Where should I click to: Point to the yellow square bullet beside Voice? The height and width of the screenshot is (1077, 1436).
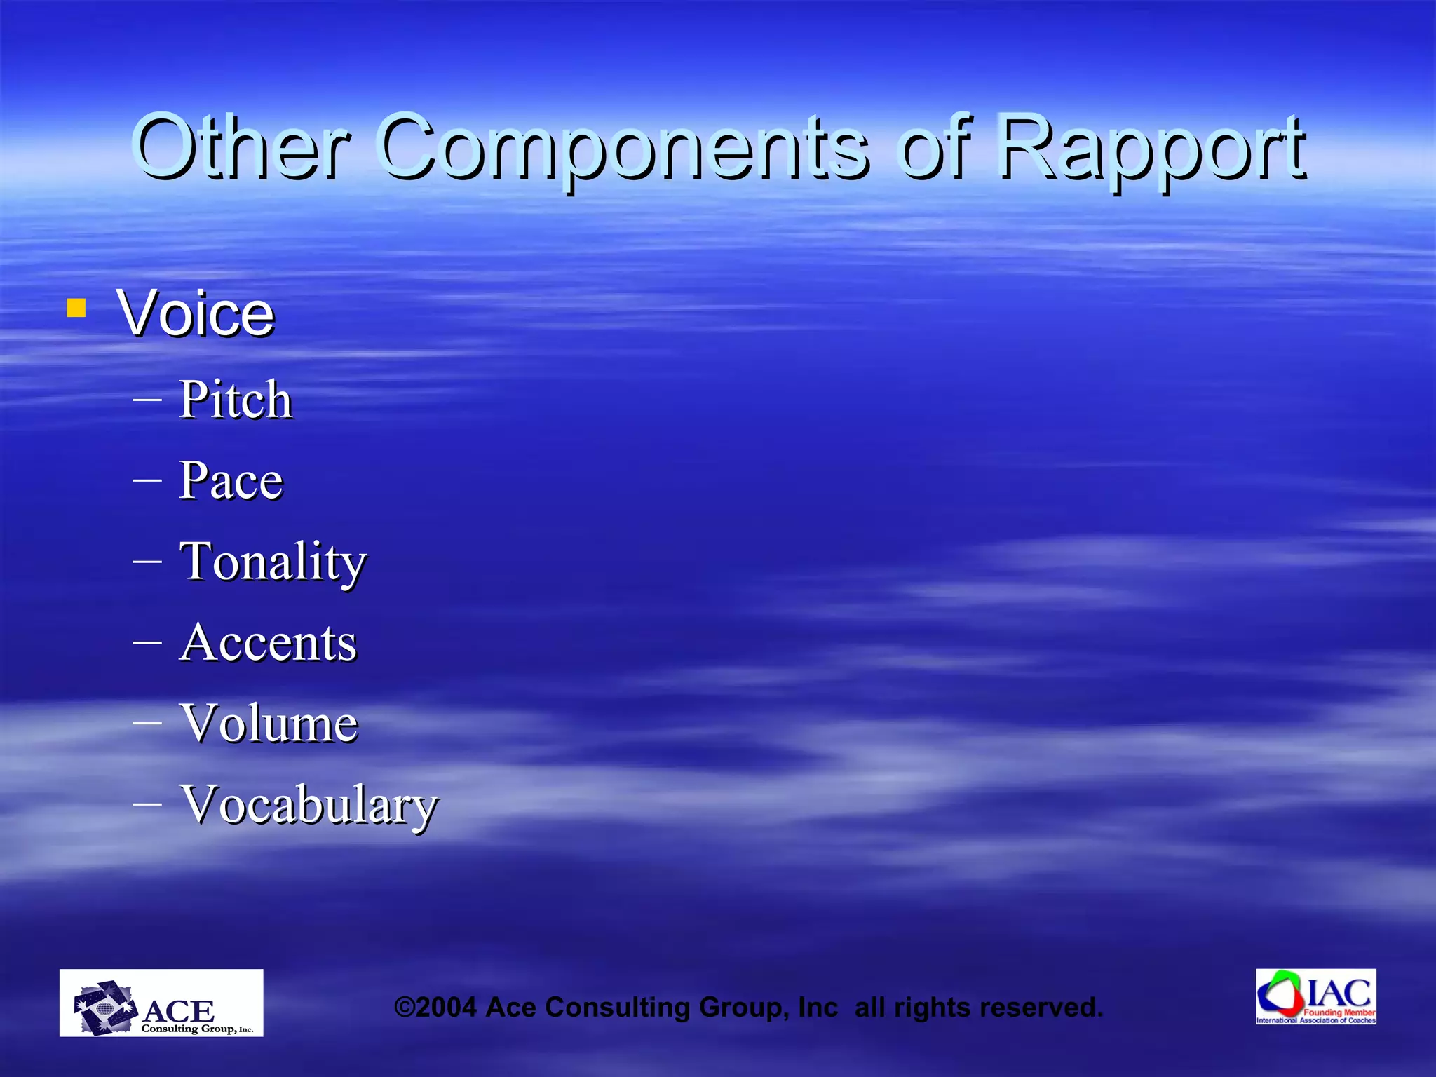point(76,308)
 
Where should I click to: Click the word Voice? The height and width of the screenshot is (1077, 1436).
point(196,313)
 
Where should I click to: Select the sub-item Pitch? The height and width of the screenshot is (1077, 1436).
point(235,400)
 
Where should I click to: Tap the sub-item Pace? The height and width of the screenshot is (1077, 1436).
point(231,481)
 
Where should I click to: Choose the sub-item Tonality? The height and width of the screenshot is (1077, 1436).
point(273,562)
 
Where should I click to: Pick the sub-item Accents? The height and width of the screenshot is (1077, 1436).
point(268,643)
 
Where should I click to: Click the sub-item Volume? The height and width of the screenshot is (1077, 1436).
point(269,724)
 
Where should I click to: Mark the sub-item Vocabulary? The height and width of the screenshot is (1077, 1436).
point(309,805)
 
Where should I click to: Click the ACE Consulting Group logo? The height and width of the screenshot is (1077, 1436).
point(161,1003)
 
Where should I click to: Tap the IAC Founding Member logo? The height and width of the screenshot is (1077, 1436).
point(1316,996)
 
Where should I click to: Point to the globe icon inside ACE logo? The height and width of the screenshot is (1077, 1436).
point(104,1009)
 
